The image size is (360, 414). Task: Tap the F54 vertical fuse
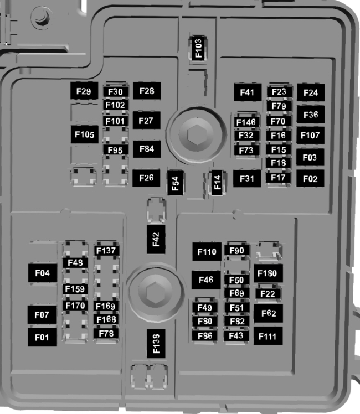(x=175, y=183)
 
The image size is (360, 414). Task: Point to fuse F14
(x=217, y=183)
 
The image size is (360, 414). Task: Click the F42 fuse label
(x=156, y=239)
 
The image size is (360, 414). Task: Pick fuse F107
(x=310, y=135)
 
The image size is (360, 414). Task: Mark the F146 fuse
(x=245, y=122)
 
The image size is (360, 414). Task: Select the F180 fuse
(x=270, y=273)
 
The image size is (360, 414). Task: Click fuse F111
(x=268, y=336)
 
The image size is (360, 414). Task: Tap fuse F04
(x=43, y=273)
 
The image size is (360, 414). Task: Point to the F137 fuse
(x=106, y=251)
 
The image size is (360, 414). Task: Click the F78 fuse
(x=106, y=333)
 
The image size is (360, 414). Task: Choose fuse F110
(x=206, y=252)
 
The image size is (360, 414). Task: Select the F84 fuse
(x=146, y=148)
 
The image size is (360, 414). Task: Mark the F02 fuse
(x=310, y=179)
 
